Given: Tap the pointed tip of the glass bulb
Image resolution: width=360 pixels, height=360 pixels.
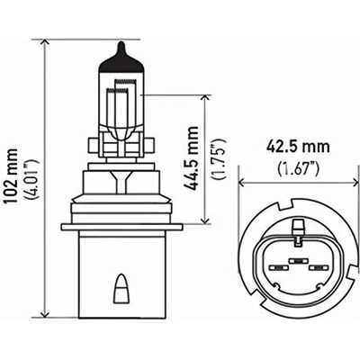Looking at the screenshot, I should (x=120, y=45).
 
